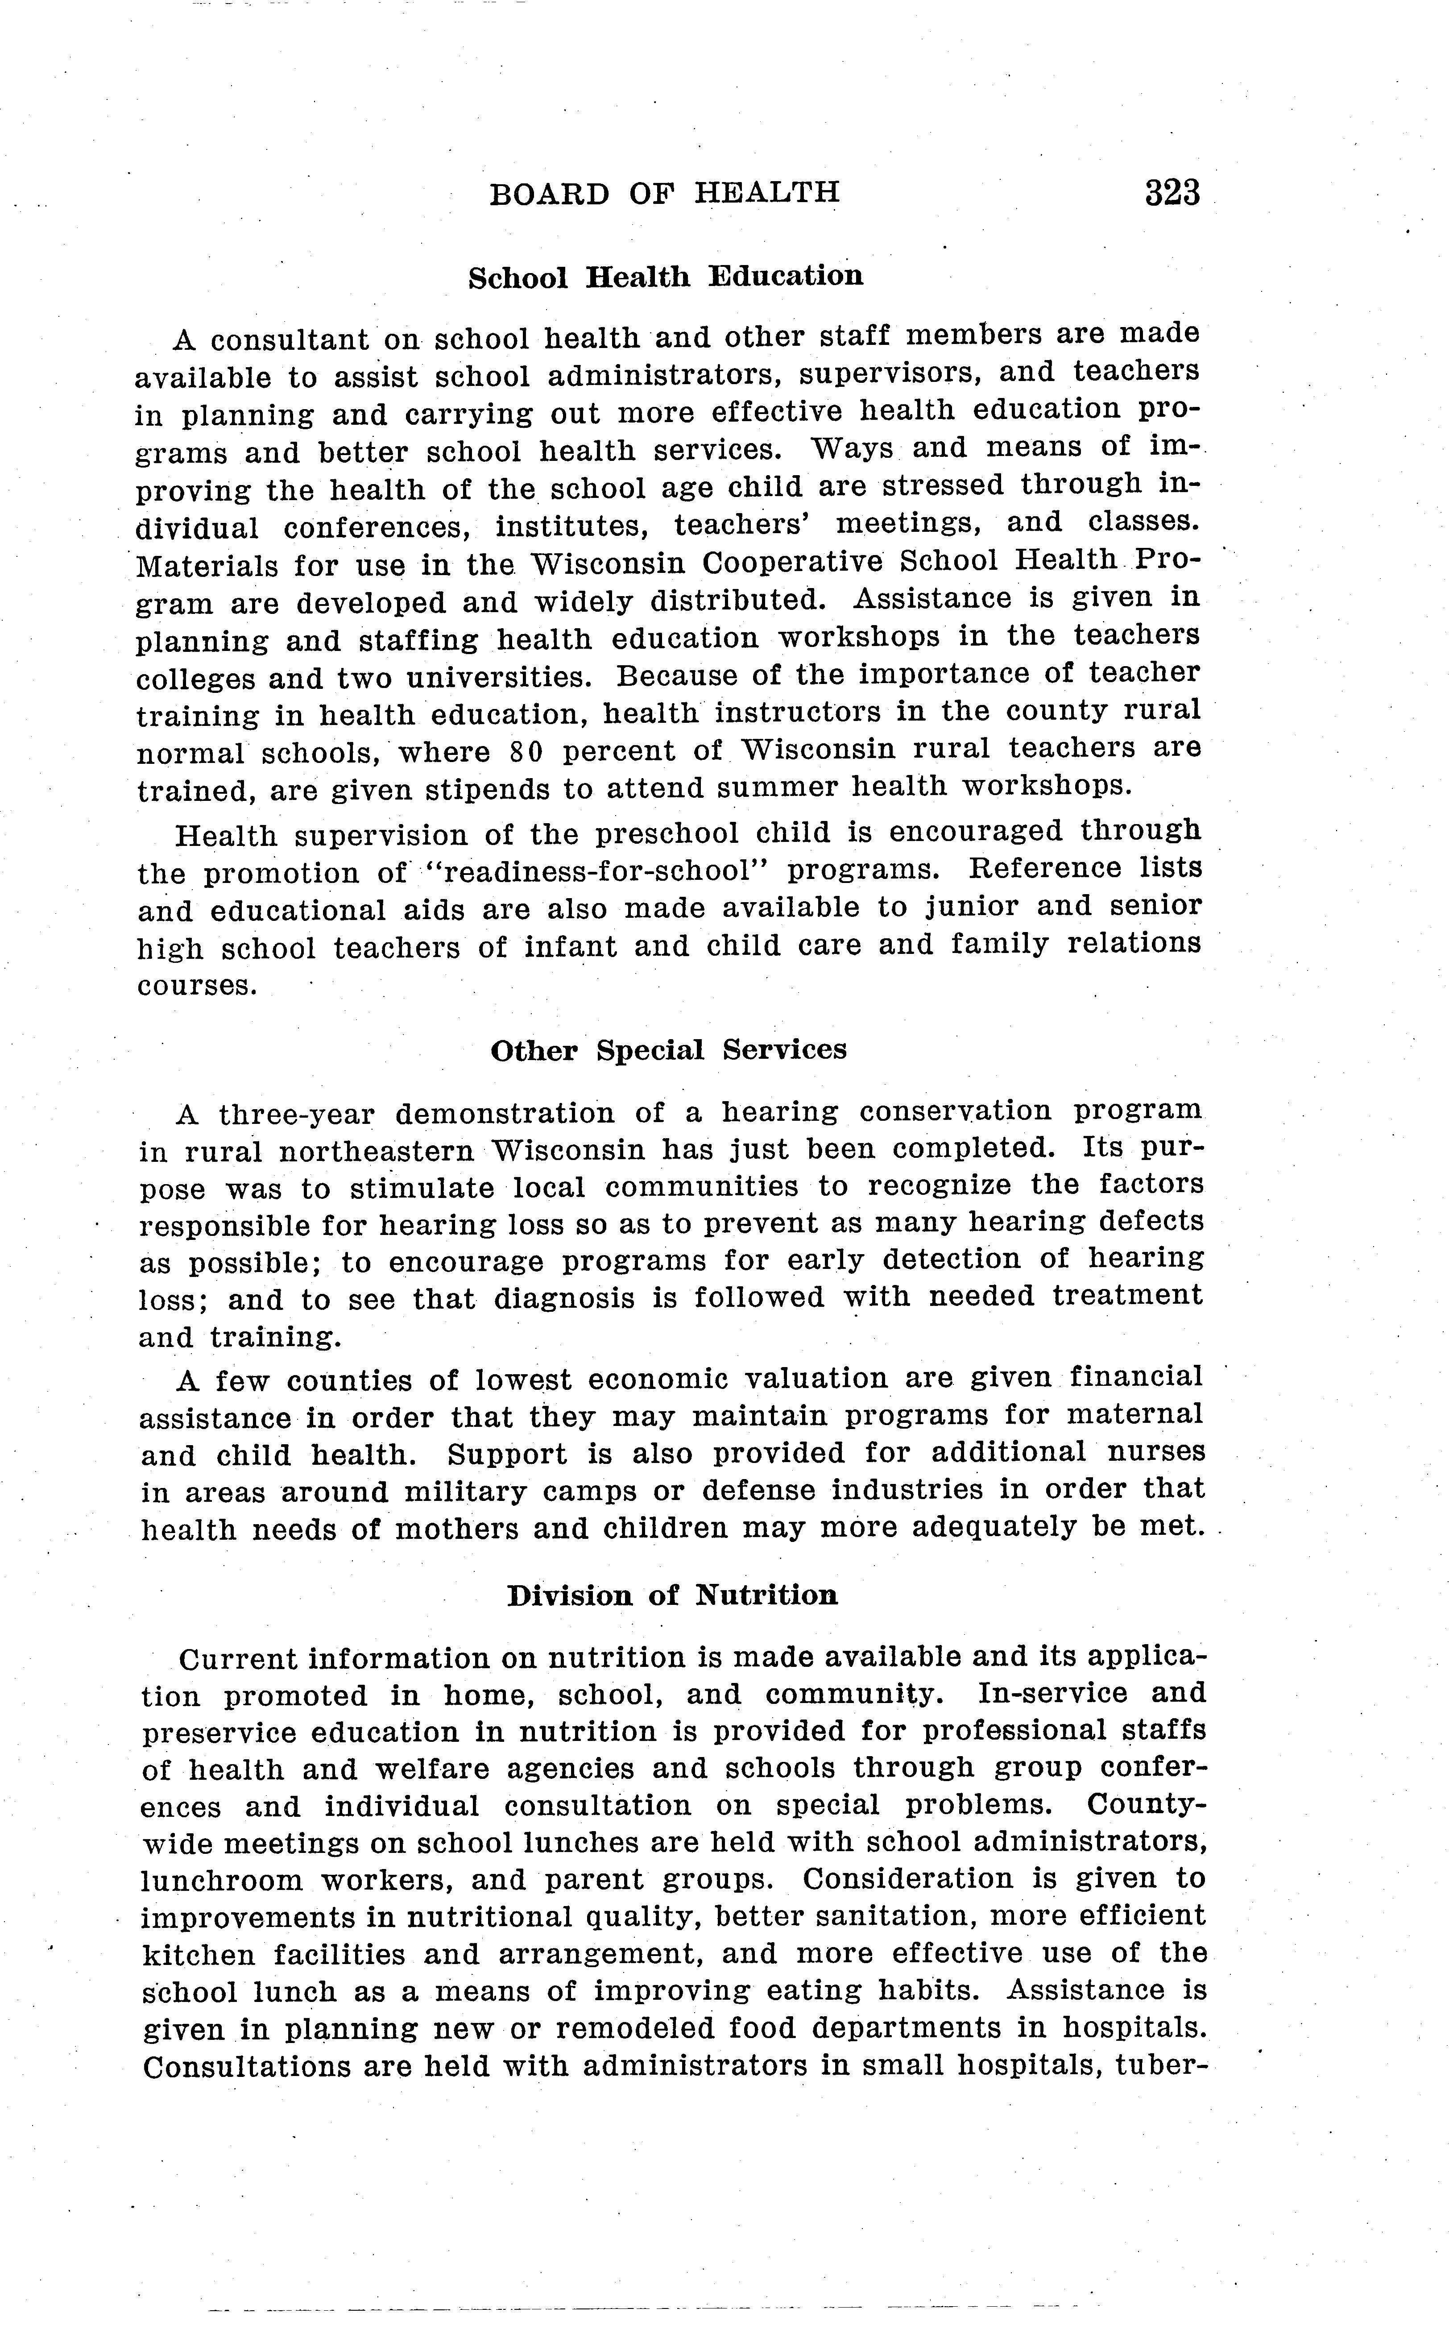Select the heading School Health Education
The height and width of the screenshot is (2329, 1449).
665,277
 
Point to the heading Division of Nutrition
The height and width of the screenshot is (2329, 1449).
672,1596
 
